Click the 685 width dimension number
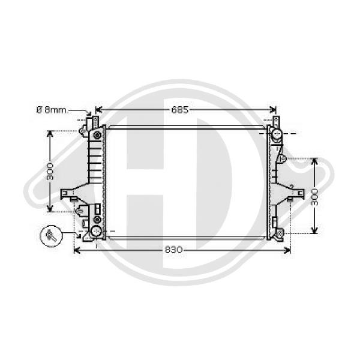point(181,110)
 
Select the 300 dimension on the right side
point(314,196)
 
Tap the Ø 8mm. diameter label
point(52,110)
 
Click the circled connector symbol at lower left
point(50,236)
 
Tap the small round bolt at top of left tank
point(83,130)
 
